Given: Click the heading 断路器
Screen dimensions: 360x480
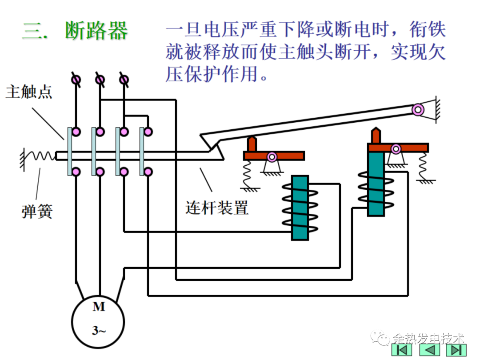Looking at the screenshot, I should pyautogui.click(x=96, y=31).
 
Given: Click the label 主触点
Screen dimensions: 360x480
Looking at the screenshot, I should pyautogui.click(x=29, y=92).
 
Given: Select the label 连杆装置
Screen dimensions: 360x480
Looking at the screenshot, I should pyautogui.click(x=217, y=207).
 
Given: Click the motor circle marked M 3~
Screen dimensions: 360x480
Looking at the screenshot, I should pyautogui.click(x=98, y=319).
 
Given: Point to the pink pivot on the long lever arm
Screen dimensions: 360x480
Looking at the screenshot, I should pyautogui.click(x=417, y=109).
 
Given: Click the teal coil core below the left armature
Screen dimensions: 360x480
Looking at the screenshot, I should pyautogui.click(x=300, y=208).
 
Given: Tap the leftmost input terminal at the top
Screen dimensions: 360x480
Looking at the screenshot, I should pyautogui.click(x=76, y=80).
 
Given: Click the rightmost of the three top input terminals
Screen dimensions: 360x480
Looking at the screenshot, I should pyautogui.click(x=124, y=80).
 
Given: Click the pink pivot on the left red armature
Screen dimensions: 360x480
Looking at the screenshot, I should pyautogui.click(x=272, y=156).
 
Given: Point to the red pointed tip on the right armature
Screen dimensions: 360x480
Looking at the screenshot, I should pyautogui.click(x=376, y=135).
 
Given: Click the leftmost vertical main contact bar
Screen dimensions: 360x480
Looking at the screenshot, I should pyautogui.click(x=70, y=151).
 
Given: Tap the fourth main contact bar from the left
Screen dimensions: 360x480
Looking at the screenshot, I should pyautogui.click(x=142, y=151).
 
